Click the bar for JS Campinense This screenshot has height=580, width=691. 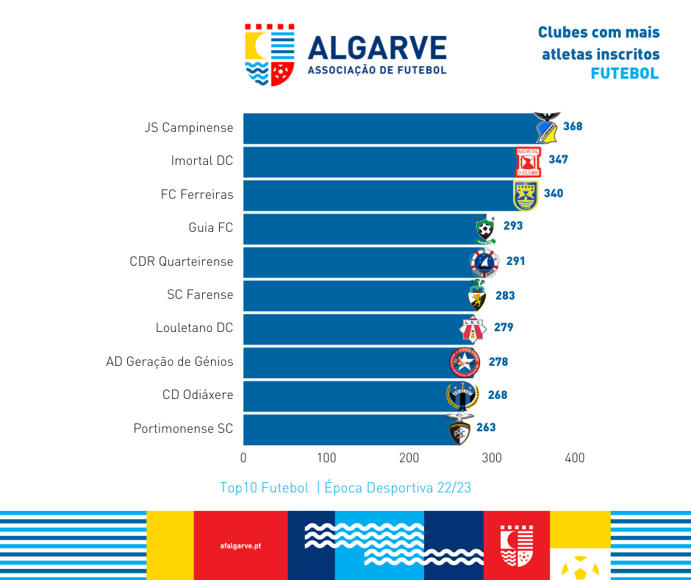point(390,128)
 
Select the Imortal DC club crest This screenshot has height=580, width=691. point(528,162)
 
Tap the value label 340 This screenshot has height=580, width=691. point(554,194)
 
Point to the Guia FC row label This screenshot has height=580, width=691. point(211,227)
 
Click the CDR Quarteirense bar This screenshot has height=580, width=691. point(357,262)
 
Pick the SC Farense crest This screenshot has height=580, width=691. point(477,296)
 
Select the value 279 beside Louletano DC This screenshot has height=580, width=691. point(504,328)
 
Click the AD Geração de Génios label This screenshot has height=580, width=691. point(170,361)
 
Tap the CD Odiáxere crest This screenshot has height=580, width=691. point(462,396)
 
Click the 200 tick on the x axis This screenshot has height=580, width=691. point(409,458)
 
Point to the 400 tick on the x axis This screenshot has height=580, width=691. point(574,458)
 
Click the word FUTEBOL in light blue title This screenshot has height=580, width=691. point(625,74)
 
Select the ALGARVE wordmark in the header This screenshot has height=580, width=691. point(377,49)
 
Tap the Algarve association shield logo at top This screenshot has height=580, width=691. point(270,55)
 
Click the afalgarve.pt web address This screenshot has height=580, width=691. point(240,546)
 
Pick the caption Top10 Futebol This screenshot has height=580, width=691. point(264,488)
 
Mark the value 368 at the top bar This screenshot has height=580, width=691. point(573,127)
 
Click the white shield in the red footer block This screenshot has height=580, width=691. point(516,545)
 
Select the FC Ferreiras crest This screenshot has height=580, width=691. point(526,195)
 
